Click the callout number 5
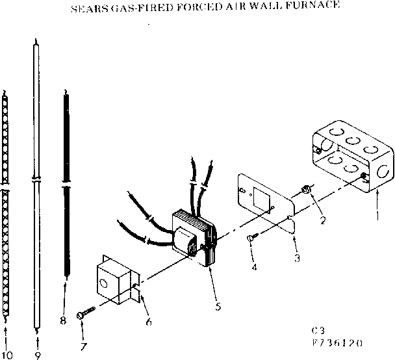click(218, 306)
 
